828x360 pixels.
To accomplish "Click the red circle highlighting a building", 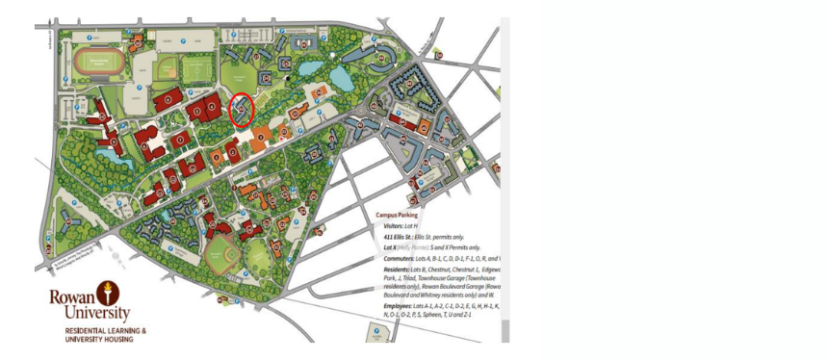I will pyautogui.click(x=241, y=110).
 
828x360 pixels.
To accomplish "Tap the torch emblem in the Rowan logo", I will pyautogui.click(x=103, y=293).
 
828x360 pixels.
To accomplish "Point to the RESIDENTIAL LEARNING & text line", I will pyautogui.click(x=105, y=331).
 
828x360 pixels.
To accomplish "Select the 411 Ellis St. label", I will pyautogui.click(x=391, y=237).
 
